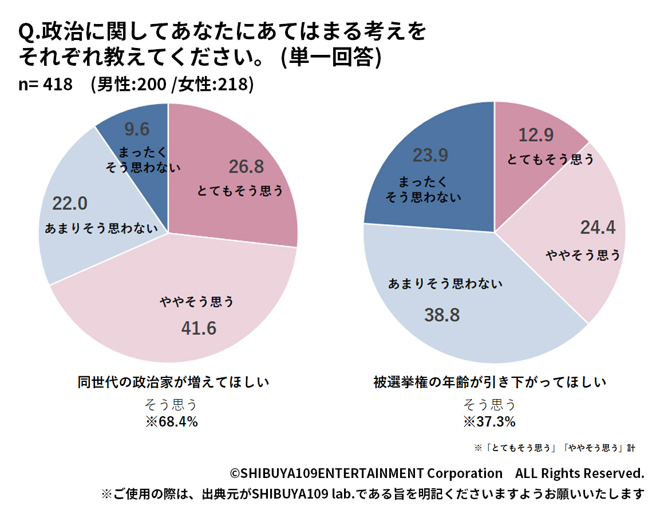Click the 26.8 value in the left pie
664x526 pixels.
pyautogui.click(x=246, y=166)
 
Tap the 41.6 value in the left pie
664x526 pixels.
pyautogui.click(x=199, y=328)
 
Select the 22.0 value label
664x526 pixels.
pyautogui.click(x=70, y=203)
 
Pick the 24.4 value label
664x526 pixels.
pyautogui.click(x=598, y=228)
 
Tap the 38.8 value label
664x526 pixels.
pyautogui.click(x=442, y=314)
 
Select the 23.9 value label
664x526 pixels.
pyautogui.click(x=430, y=155)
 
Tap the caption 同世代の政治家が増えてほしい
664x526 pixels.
pyautogui.click(x=173, y=382)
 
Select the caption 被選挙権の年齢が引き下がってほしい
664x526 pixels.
pyautogui.click(x=490, y=382)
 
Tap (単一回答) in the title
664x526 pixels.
pyautogui.click(x=331, y=57)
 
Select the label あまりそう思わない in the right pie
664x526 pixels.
pyautogui.click(x=445, y=284)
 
